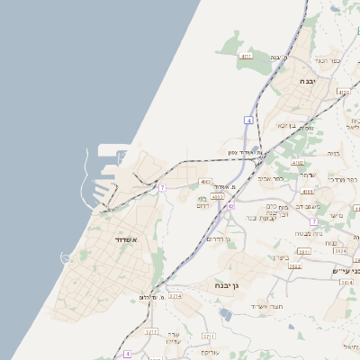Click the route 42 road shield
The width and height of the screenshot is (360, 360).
(230, 207)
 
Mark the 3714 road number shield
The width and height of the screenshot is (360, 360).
(175, 295)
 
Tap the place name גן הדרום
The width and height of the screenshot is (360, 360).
(219, 238)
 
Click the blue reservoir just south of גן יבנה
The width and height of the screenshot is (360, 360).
(225, 313)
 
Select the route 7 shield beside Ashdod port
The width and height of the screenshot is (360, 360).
(162, 187)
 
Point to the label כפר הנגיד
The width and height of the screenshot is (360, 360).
(325, 60)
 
